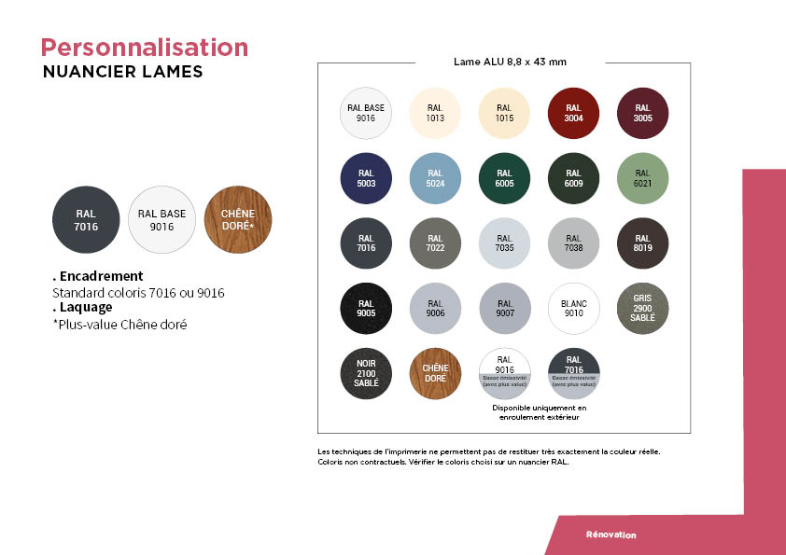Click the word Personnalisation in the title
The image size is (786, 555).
145,48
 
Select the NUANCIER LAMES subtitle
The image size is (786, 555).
122,72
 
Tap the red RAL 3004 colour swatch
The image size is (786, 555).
573,113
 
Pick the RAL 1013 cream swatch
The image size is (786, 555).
435,113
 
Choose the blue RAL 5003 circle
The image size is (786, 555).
366,178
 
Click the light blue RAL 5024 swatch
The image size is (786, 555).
435,178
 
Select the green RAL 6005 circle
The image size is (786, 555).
504,178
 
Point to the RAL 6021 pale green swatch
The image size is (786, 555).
642,178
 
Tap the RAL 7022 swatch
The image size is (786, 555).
435,243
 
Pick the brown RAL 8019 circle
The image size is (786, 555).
642,243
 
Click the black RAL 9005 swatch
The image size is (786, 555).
366,309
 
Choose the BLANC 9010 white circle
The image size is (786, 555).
573,309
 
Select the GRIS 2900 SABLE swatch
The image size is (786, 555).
642,309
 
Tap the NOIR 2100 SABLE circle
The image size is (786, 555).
366,374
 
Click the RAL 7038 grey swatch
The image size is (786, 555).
573,243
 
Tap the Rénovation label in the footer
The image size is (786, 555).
611,535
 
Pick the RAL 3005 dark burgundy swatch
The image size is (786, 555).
642,113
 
